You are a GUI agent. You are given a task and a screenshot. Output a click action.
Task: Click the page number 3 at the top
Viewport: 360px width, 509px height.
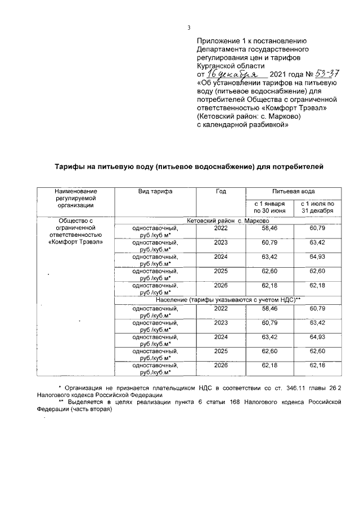pyautogui.click(x=189, y=28)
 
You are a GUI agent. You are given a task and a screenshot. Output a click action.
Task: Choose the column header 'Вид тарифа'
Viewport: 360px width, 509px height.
pyautogui.click(x=155, y=192)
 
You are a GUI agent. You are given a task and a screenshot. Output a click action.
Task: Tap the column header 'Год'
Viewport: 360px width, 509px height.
pyautogui.click(x=220, y=192)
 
